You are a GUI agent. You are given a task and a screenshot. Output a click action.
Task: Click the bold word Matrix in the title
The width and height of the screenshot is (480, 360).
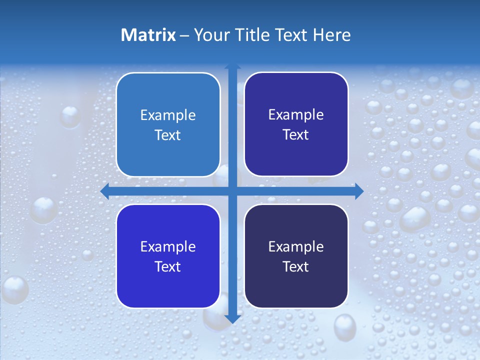[x=148, y=35]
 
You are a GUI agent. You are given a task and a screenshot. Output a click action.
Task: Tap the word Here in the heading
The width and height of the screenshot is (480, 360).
[x=332, y=35]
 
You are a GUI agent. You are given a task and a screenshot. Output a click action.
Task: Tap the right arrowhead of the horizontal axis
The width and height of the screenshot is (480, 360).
[x=359, y=191]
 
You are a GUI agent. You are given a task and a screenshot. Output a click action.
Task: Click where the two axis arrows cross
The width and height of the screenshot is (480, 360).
[x=232, y=191]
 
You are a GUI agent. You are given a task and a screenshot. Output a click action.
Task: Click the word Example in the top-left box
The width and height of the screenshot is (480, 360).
[x=168, y=115]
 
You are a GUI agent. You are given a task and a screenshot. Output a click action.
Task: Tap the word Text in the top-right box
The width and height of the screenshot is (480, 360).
[x=296, y=135]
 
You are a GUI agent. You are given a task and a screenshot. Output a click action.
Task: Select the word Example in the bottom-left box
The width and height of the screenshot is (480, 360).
[x=168, y=247]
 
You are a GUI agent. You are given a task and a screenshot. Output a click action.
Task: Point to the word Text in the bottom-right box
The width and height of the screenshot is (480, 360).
[x=296, y=267]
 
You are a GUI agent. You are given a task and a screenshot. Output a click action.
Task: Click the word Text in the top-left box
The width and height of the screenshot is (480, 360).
[x=168, y=135]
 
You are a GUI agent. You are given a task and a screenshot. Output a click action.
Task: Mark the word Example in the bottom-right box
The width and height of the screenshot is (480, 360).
[x=296, y=247]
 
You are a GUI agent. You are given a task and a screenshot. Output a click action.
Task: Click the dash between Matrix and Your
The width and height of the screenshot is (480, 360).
[x=184, y=35]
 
